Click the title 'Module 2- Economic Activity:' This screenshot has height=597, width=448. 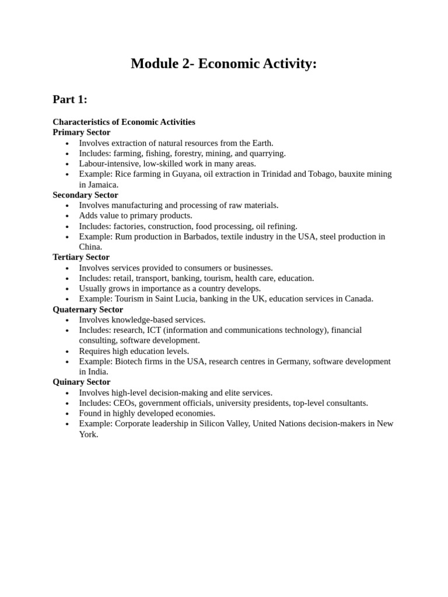click(x=223, y=64)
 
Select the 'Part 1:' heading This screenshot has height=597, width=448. click(x=70, y=100)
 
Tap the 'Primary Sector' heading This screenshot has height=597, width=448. click(x=81, y=132)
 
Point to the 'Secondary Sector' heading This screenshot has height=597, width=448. click(x=85, y=195)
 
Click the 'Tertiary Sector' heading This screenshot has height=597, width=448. click(x=81, y=257)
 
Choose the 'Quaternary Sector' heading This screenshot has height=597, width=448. click(x=87, y=310)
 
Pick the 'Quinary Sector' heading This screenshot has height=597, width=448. click(x=81, y=382)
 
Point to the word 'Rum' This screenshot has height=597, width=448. click(x=123, y=237)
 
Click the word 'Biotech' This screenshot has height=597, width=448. click(x=128, y=361)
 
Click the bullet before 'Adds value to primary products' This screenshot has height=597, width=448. click(x=67, y=216)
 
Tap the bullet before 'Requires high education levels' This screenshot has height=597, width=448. click(x=67, y=352)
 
